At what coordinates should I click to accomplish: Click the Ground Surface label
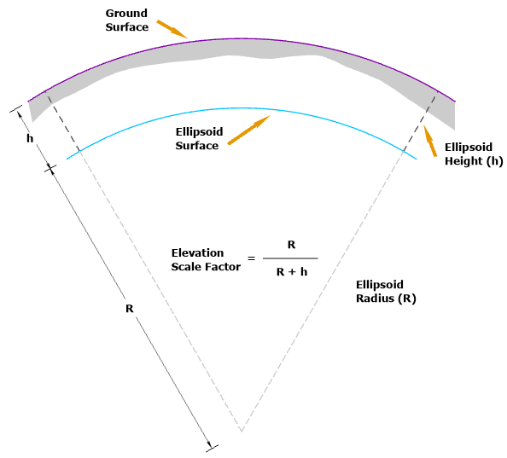tap(126, 20)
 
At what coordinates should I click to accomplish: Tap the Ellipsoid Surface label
tap(199, 138)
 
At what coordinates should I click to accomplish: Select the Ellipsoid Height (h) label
tap(474, 154)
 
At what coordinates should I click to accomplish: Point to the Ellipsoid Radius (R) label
tap(386, 292)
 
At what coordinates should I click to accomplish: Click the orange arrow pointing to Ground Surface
tap(172, 29)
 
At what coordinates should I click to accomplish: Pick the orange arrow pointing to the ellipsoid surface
tap(248, 130)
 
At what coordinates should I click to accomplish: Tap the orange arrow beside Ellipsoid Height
tap(430, 141)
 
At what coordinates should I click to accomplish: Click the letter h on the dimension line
tap(30, 138)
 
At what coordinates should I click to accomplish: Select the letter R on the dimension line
tap(130, 309)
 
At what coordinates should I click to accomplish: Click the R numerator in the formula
tap(291, 245)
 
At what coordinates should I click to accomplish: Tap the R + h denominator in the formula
tap(292, 272)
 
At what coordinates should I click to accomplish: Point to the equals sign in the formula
tap(251, 258)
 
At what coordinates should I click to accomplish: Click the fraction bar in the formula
tap(290, 258)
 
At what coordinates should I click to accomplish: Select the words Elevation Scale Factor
tap(206, 259)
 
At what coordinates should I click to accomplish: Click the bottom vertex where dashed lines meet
tap(242, 432)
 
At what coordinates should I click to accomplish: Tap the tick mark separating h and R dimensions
tap(50, 168)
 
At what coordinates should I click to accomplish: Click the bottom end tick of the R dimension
tap(213, 448)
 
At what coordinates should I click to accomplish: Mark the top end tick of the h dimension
tap(16, 108)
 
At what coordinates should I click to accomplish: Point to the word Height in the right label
tap(463, 161)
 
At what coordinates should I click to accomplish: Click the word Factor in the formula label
tap(224, 267)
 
